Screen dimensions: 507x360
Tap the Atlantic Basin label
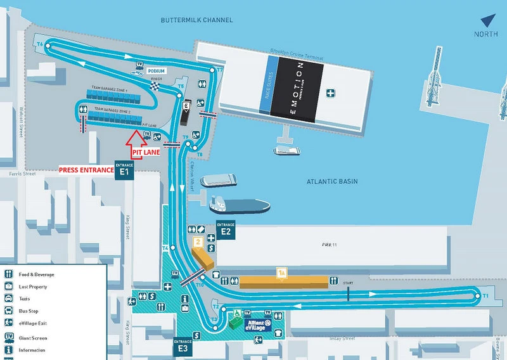click(x=332, y=181)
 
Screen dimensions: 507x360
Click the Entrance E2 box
click(x=226, y=229)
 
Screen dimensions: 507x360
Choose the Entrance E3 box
click(x=183, y=347)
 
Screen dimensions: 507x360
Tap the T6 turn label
click(x=39, y=44)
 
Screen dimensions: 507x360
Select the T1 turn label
click(x=485, y=296)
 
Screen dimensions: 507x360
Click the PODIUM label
click(x=157, y=71)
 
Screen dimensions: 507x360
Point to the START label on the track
click(x=347, y=282)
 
